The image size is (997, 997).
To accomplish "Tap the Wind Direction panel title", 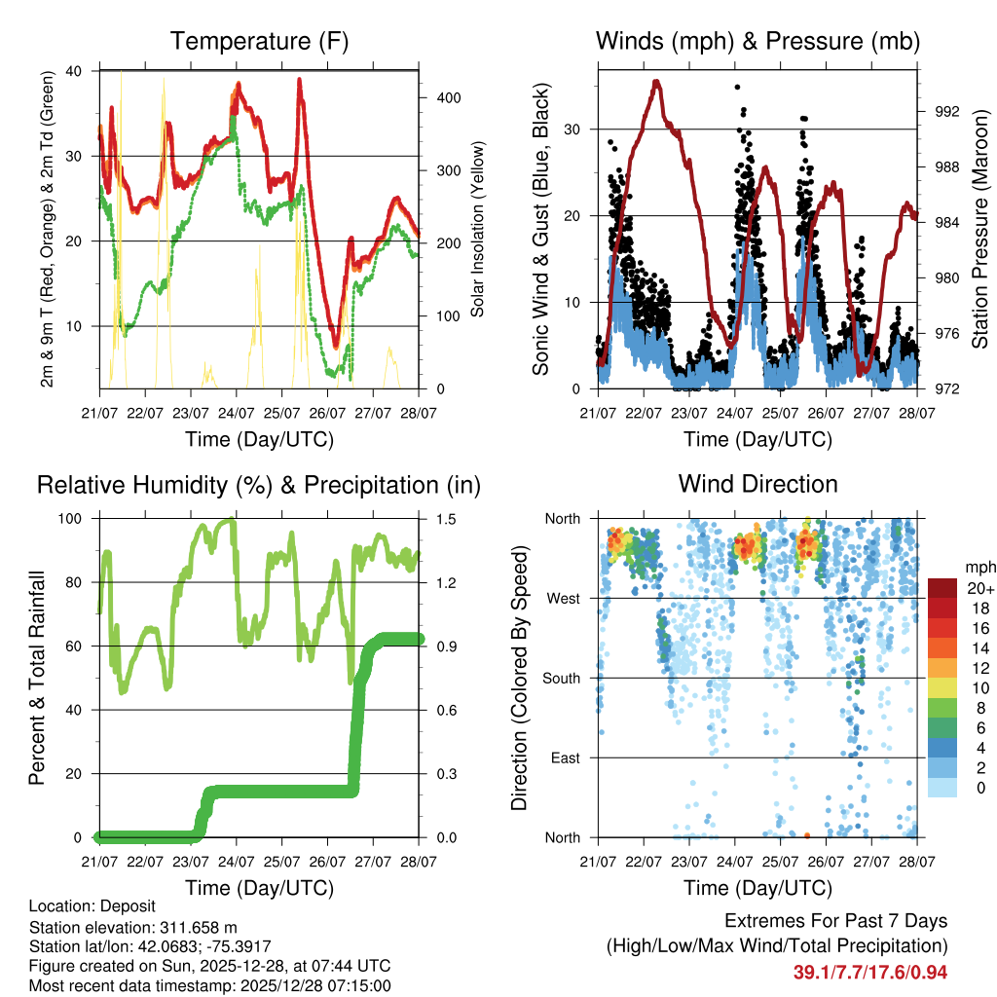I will tap(757, 483).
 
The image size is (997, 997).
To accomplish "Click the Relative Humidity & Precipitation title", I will tap(259, 484).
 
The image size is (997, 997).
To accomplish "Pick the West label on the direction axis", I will tap(562, 598).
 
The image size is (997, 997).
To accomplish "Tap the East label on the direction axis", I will tap(564, 757).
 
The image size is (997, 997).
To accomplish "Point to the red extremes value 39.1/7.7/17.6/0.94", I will tap(870, 972).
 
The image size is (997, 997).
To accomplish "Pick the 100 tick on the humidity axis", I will tap(74, 519).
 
